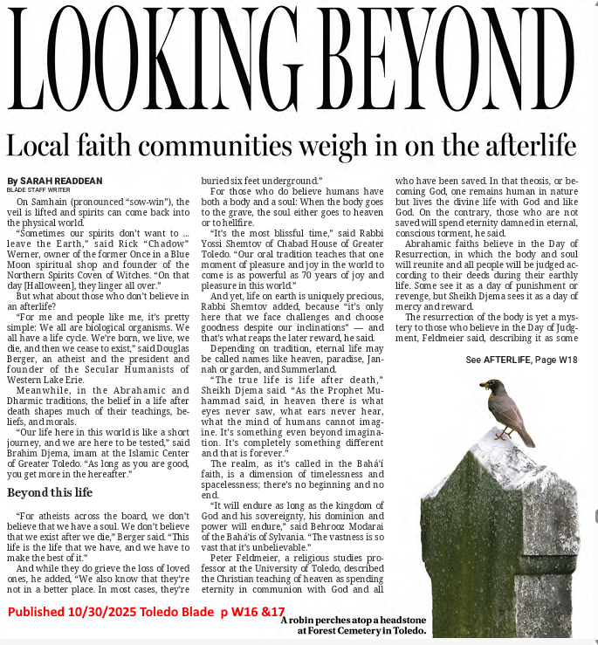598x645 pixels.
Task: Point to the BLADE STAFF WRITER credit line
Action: point(39,189)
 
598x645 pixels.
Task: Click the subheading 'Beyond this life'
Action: point(50,493)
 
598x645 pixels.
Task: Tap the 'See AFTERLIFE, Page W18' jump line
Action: point(521,360)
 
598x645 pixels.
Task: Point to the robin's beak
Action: point(482,384)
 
